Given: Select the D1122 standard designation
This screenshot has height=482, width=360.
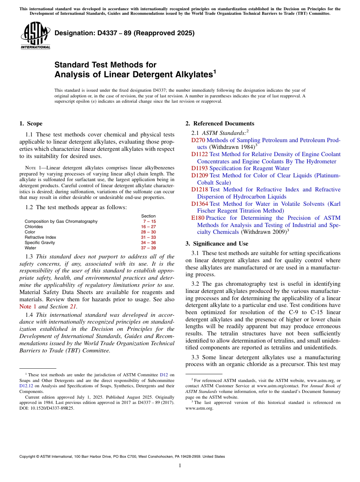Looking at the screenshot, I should [199, 154].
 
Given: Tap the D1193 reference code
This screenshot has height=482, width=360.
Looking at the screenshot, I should [199, 168].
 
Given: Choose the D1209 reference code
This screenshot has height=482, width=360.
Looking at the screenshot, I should [199, 175].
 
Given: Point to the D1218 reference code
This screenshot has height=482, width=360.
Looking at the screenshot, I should [199, 189].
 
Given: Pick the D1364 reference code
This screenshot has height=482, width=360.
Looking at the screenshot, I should [199, 204].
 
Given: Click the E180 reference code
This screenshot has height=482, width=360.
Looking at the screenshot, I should [197, 218].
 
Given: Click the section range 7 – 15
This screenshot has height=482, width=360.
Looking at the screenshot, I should [149, 221].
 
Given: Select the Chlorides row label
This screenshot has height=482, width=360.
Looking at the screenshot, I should [34, 227].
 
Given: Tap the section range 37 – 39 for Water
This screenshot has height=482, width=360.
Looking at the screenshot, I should [148, 248].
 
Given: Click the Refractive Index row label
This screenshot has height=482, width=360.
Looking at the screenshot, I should [40, 237].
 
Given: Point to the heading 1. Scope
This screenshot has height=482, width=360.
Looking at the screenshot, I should [31, 124].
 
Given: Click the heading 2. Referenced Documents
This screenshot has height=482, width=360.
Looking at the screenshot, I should [220, 124].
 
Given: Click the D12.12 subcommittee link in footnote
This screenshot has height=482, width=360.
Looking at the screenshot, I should [26, 386].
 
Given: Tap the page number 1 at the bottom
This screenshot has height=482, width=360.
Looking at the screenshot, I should [180, 466].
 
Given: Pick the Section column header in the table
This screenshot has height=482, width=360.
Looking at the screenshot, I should [148, 216].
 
